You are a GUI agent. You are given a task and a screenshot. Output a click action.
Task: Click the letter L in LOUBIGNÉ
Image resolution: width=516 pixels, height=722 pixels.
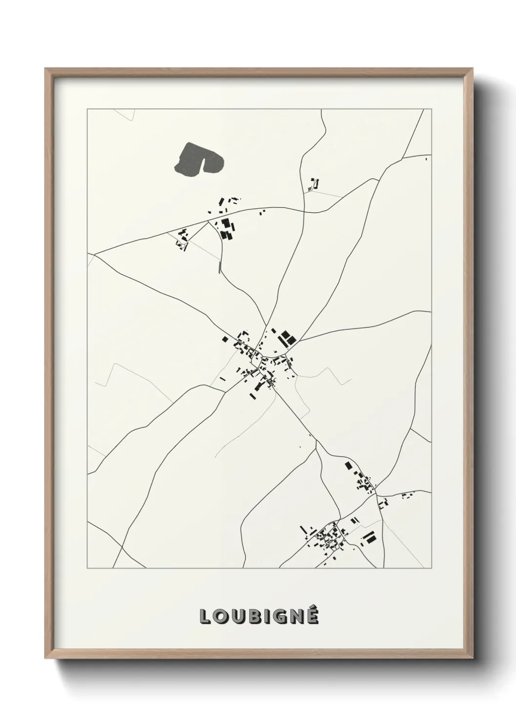point(204,617)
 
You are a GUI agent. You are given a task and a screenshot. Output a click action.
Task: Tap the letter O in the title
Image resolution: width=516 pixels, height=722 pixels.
point(220,617)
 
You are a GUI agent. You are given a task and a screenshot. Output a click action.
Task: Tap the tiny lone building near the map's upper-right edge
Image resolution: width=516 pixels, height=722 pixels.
point(426,159)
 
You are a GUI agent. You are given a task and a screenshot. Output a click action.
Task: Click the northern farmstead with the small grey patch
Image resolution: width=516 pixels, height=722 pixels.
point(313,184)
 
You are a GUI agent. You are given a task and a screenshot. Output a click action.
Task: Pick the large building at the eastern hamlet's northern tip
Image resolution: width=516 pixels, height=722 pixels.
point(348,465)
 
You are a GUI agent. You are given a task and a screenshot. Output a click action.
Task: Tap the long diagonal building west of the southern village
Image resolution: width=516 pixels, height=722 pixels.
point(302,529)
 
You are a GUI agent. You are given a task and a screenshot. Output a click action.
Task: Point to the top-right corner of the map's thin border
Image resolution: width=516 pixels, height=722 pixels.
point(431,109)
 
